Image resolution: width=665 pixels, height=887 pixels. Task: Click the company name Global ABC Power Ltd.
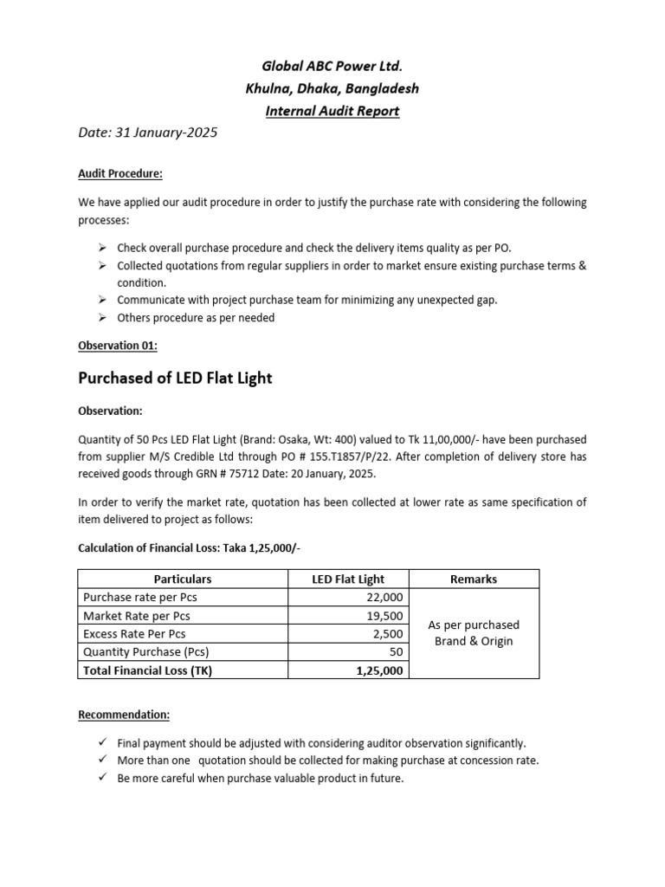332,66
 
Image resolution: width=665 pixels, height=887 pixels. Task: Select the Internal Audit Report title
332,111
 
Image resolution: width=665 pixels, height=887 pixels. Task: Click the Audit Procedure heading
120,173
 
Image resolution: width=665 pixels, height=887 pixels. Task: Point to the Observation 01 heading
118,345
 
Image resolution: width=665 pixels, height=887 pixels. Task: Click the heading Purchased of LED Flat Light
174,378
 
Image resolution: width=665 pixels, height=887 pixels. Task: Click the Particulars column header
183,579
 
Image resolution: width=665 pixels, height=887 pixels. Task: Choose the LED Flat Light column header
348,579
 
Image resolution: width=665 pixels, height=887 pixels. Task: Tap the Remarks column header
474,579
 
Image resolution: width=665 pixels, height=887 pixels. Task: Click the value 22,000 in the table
384,597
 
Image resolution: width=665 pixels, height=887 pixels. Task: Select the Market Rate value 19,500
384,615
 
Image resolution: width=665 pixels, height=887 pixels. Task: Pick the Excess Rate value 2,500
388,633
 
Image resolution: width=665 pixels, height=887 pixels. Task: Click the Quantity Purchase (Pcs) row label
145,651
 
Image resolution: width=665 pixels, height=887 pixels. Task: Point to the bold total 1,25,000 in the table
379,670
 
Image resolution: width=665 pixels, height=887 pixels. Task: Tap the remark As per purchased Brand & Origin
474,632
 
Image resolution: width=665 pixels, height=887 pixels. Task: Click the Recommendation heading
124,715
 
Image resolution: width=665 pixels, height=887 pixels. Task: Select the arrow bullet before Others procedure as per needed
102,318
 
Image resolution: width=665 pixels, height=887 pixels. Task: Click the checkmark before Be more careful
102,778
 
